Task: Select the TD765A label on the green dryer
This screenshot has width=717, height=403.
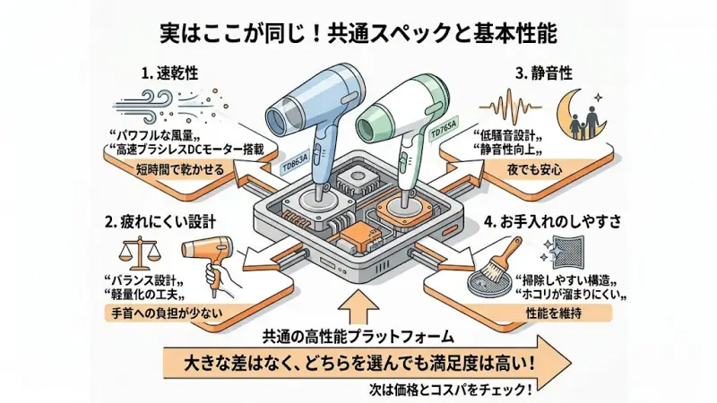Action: [443, 132]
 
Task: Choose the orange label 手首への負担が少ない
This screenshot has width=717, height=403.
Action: [169, 313]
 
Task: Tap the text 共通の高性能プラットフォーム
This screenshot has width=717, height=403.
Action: [358, 338]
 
